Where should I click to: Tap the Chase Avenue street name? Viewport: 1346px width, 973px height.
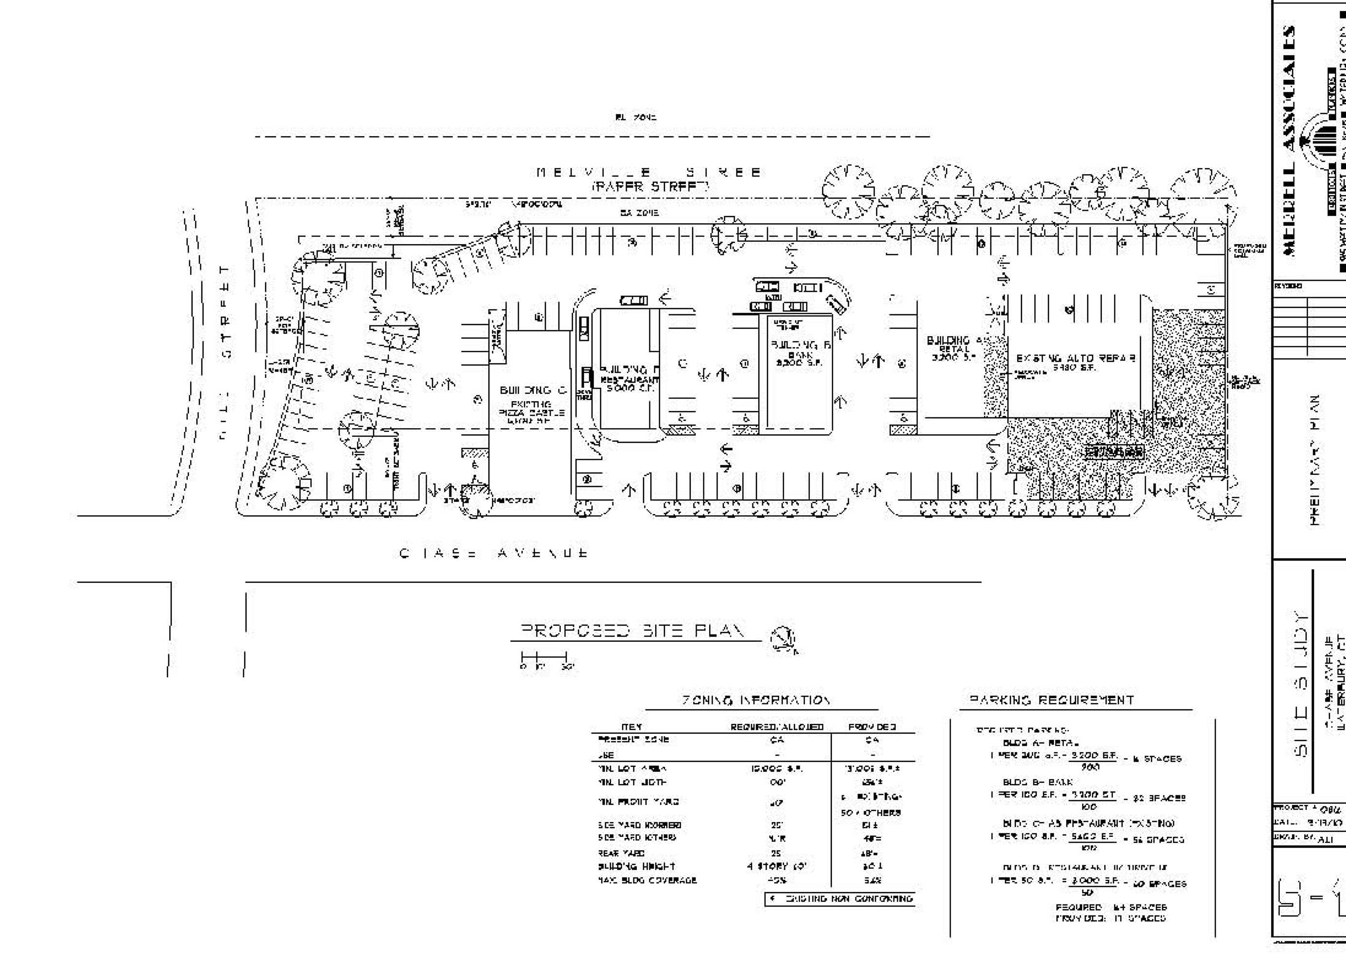[x=494, y=553]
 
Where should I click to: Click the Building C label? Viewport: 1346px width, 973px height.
[x=533, y=390]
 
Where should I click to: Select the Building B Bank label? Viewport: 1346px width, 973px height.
[x=799, y=353]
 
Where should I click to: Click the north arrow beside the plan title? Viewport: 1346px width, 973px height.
[x=783, y=639]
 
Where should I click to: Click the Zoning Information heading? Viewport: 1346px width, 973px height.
[x=755, y=701]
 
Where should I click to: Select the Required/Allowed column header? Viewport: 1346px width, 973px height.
[x=777, y=727]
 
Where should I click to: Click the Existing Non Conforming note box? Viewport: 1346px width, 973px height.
[x=840, y=899]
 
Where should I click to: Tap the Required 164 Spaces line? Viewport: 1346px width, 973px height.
[x=1111, y=907]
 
